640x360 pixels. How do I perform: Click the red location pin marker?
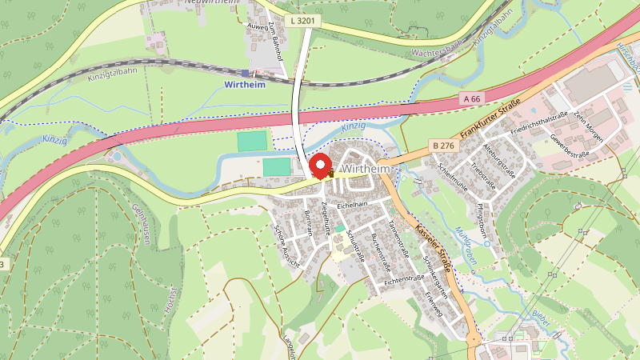(322, 166)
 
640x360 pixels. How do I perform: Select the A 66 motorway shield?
(473, 98)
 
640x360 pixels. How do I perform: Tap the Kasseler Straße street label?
(434, 246)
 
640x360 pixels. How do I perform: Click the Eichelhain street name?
(351, 206)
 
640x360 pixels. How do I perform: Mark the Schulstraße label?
(354, 242)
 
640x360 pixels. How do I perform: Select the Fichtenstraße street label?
(404, 279)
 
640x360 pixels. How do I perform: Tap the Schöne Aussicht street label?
(285, 243)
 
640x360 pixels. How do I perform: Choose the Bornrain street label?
(309, 222)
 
